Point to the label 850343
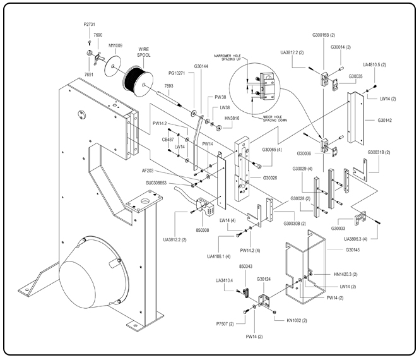tap(248, 267)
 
